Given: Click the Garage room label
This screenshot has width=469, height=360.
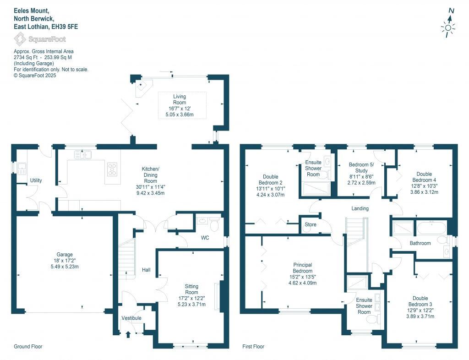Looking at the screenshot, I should pos(65,255).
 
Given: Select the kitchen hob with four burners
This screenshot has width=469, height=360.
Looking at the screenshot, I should pos(112,169).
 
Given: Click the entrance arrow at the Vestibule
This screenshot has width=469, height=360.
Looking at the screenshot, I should pos(128,335).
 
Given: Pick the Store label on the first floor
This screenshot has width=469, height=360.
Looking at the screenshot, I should pos(310,225).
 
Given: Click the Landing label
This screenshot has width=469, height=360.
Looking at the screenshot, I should pos(360,209).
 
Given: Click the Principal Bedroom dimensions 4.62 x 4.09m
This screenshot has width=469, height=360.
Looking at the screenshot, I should pos(302,283).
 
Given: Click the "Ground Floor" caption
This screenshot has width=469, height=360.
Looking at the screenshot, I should pos(28,347).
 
